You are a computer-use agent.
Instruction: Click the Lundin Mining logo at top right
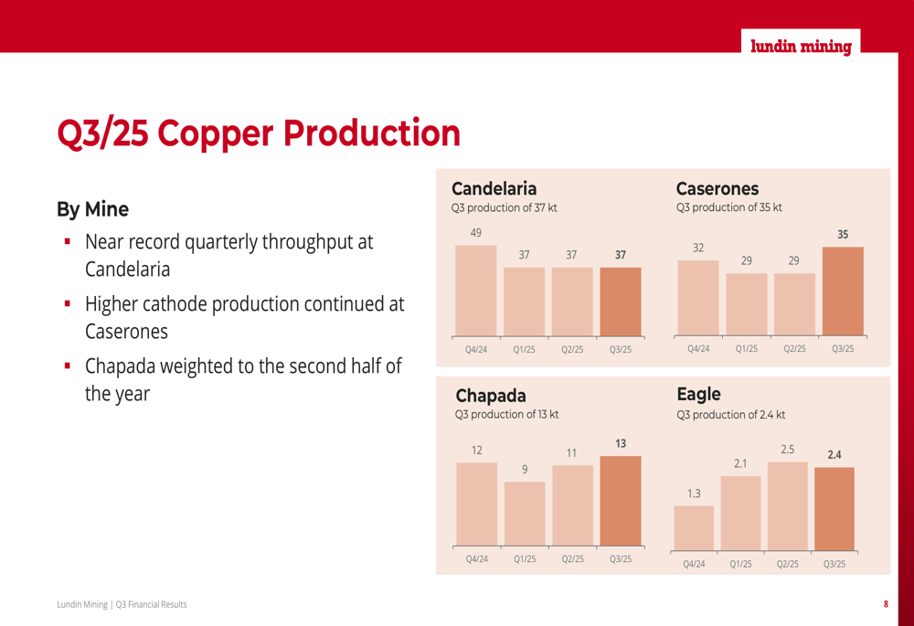pyautogui.click(x=801, y=47)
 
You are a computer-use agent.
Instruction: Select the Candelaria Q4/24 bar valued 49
pyautogui.click(x=476, y=290)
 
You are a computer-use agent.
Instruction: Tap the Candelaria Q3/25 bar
pyautogui.click(x=621, y=301)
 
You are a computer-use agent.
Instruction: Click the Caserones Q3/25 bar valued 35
pyautogui.click(x=843, y=291)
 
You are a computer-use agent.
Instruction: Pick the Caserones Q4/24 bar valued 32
pyautogui.click(x=698, y=298)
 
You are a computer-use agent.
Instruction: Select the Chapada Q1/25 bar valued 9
pyautogui.click(x=525, y=514)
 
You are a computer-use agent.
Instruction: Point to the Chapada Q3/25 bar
pyautogui.click(x=621, y=501)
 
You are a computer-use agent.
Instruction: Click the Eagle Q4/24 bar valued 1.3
pyautogui.click(x=694, y=528)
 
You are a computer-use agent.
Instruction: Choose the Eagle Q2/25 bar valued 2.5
pyautogui.click(x=788, y=505)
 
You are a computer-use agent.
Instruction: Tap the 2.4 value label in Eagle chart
pyautogui.click(x=834, y=454)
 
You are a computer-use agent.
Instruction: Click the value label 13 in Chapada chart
pyautogui.click(x=621, y=443)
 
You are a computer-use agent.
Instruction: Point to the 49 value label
pyautogui.click(x=476, y=233)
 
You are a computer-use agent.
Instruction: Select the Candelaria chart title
pyautogui.click(x=494, y=189)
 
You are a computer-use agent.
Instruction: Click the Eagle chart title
pyautogui.click(x=698, y=395)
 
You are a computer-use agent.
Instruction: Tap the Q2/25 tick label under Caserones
pyautogui.click(x=794, y=349)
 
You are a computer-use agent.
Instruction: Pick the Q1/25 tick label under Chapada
pyautogui.click(x=525, y=559)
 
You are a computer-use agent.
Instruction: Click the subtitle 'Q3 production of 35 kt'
pyautogui.click(x=728, y=208)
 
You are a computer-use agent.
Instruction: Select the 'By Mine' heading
pyautogui.click(x=92, y=209)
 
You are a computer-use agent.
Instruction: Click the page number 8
pyautogui.click(x=885, y=604)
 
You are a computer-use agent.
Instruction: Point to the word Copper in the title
pyautogui.click(x=217, y=133)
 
